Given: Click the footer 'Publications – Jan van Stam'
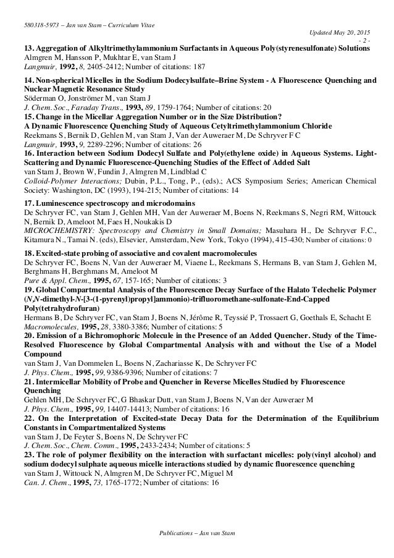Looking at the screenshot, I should point(196,531).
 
